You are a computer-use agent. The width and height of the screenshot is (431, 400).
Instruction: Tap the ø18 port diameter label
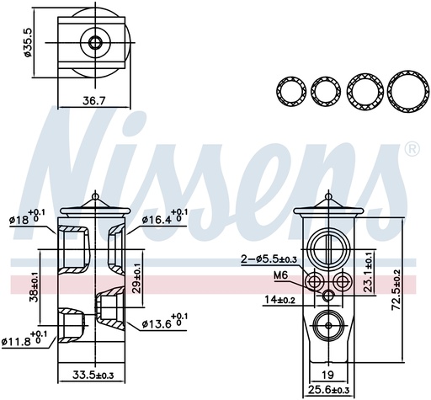[x=29, y=218]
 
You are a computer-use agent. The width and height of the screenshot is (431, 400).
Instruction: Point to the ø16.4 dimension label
[x=162, y=218]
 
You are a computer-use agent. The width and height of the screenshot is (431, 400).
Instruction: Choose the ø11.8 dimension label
[x=28, y=341]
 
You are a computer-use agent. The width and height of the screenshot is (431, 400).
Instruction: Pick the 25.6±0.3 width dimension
[x=328, y=390]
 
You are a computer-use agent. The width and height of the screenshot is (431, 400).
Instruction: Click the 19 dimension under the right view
[x=328, y=375]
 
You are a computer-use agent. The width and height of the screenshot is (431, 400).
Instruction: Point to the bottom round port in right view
[x=328, y=323]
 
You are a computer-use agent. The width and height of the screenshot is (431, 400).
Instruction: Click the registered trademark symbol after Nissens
[x=412, y=150]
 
